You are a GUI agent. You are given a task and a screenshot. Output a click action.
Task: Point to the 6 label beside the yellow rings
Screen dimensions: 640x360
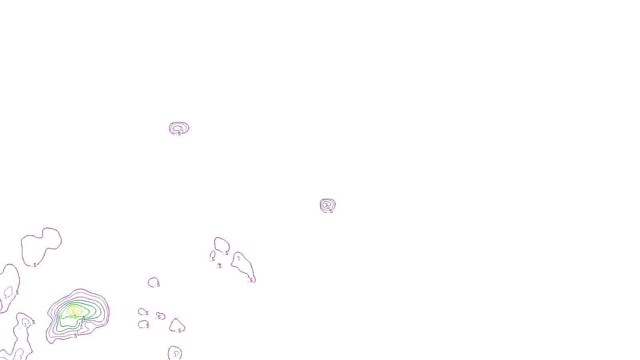(x=76, y=316)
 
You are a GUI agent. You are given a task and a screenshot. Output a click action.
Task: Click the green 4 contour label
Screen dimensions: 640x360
(x=84, y=318)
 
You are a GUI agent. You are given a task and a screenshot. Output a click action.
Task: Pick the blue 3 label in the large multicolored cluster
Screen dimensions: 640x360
(x=82, y=321)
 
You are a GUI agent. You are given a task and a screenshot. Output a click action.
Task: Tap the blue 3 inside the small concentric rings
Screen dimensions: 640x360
(x=326, y=205)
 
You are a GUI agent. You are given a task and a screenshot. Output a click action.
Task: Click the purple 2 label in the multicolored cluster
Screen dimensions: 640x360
(x=81, y=327)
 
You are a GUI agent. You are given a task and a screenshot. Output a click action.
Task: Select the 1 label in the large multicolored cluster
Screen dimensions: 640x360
(x=78, y=332)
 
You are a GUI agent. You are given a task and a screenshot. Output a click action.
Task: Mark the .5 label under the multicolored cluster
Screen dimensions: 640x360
(x=75, y=336)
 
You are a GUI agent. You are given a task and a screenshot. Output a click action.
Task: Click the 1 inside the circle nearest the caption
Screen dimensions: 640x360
(x=176, y=354)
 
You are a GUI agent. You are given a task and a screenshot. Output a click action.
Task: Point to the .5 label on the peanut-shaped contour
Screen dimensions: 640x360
(x=34, y=265)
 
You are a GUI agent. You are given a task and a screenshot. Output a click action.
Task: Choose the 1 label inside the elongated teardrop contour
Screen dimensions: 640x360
(x=239, y=258)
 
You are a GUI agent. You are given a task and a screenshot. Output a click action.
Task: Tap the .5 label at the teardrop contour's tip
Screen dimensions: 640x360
(x=251, y=280)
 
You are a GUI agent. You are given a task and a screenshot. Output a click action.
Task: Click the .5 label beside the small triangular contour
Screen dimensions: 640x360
(x=179, y=331)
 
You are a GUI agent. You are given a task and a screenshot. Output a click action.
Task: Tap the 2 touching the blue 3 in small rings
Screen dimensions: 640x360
(x=328, y=207)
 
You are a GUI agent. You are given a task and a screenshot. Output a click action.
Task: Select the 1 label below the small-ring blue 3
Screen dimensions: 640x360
(x=329, y=209)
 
